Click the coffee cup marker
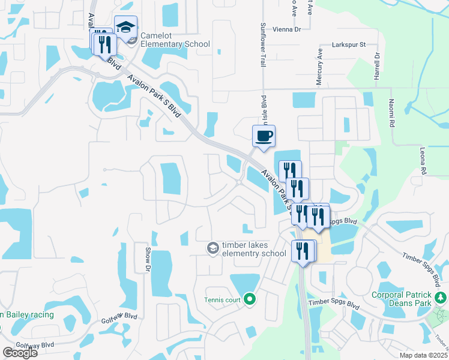click(264, 136)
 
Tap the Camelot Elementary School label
click(175, 44)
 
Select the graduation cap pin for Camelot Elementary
click(126, 28)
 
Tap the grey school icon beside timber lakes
click(212, 248)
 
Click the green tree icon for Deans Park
click(441, 298)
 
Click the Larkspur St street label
click(351, 45)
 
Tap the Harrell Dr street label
click(377, 66)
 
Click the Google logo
click(20, 353)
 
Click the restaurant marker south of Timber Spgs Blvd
click(303, 250)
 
